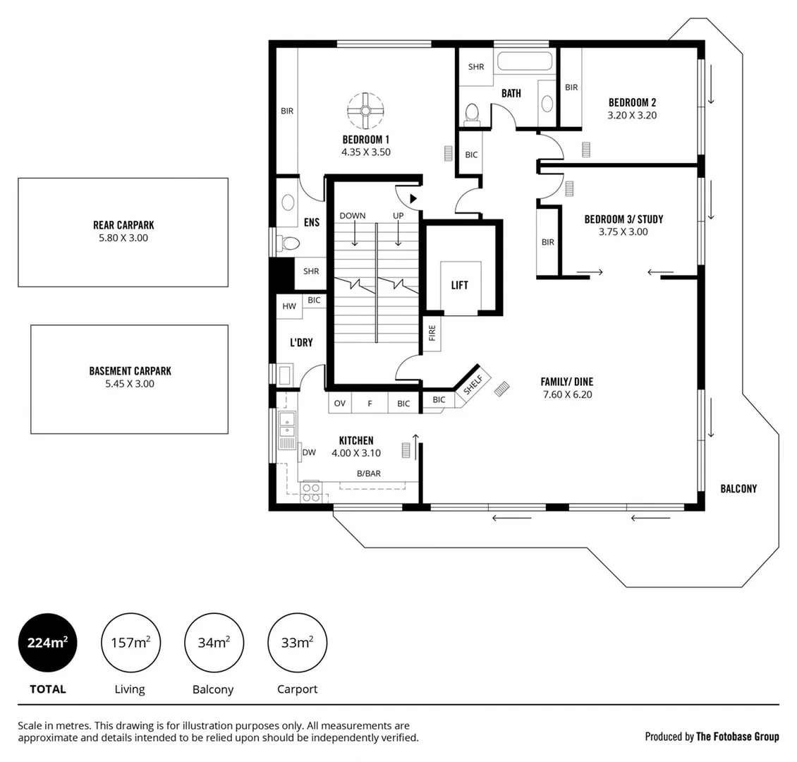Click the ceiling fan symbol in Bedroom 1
365,109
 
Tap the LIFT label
459,285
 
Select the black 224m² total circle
47,642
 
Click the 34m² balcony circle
213,642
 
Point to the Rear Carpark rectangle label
123,225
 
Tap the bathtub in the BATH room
523,61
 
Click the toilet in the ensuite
288,243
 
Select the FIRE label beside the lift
432,333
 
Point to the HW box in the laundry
289,306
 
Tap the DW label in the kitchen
309,452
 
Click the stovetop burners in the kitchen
311,492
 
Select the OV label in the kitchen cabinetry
339,404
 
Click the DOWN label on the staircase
352,215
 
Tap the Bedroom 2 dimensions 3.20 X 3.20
632,115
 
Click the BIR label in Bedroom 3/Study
548,242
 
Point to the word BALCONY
738,488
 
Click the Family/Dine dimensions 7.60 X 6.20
567,394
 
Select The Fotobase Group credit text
737,737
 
